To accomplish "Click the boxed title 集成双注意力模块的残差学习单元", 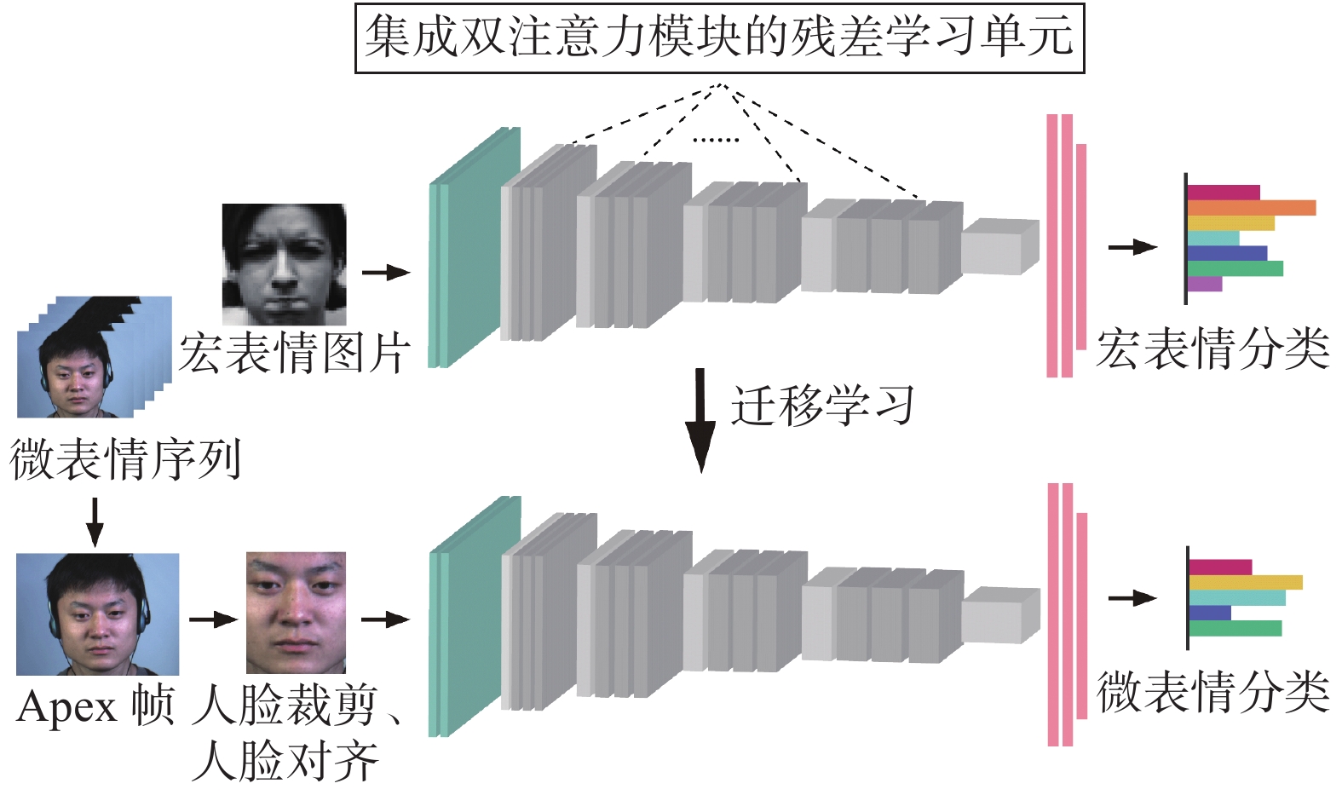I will pyautogui.click(x=719, y=38).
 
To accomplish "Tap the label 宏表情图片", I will pyautogui.click(x=295, y=352).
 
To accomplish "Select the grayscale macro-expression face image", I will pyautogui.click(x=284, y=263).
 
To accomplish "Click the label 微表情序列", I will pyautogui.click(x=125, y=459).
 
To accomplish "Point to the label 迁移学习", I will pyautogui.click(x=822, y=406).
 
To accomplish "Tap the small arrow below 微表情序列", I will pyautogui.click(x=95, y=521).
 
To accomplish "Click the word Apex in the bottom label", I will pyautogui.click(x=66, y=707).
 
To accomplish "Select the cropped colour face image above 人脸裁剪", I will pyautogui.click(x=296, y=612).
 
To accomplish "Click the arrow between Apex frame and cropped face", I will pyautogui.click(x=212, y=619).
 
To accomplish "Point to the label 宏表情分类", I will pyautogui.click(x=1212, y=349).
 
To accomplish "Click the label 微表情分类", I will pyautogui.click(x=1212, y=691).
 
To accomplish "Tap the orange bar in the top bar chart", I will pyautogui.click(x=1251, y=208).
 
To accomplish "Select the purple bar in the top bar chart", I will pyautogui.click(x=1205, y=284).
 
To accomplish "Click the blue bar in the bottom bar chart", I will pyautogui.click(x=1209, y=613).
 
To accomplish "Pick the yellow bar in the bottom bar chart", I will pyautogui.click(x=1245, y=583).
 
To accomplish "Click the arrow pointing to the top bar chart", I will pyautogui.click(x=1132, y=247).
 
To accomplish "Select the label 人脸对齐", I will pyautogui.click(x=285, y=761).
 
